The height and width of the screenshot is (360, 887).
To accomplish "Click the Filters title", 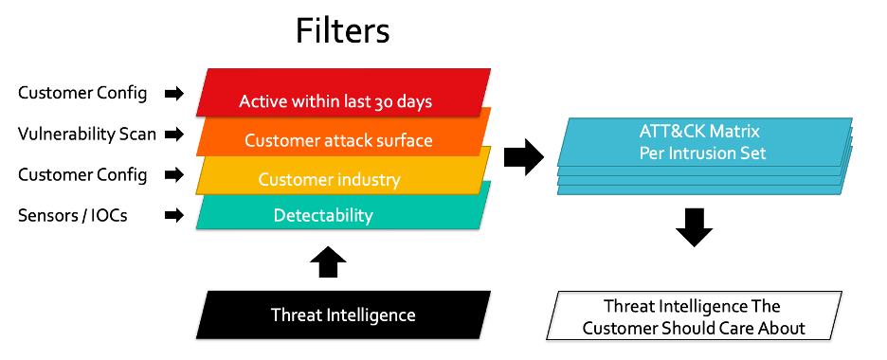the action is pyautogui.click(x=343, y=30).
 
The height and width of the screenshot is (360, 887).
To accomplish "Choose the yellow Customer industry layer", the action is pyautogui.click(x=343, y=172).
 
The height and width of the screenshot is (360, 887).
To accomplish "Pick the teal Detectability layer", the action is pyautogui.click(x=343, y=210).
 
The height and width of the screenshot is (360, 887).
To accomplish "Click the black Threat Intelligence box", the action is pyautogui.click(x=343, y=315).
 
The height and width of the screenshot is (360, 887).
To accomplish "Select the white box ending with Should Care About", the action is pyautogui.click(x=694, y=315).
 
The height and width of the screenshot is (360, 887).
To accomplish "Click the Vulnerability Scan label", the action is pyautogui.click(x=87, y=134).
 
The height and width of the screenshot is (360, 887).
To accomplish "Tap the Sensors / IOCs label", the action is pyautogui.click(x=72, y=215).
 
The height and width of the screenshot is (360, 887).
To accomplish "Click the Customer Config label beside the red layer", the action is pyautogui.click(x=82, y=93).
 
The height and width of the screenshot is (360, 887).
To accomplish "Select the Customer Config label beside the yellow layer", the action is pyautogui.click(x=82, y=174).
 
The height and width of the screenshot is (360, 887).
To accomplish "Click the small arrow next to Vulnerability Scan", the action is pyautogui.click(x=174, y=135).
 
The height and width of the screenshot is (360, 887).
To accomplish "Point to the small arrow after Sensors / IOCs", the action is pyautogui.click(x=174, y=215).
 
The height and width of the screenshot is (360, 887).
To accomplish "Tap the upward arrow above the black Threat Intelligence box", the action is pyautogui.click(x=328, y=261).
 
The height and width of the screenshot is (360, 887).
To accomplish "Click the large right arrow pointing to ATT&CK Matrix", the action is pyautogui.click(x=524, y=156).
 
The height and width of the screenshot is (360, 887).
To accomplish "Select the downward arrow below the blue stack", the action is pyautogui.click(x=694, y=227).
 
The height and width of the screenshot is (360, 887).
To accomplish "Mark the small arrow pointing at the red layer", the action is pyautogui.click(x=174, y=94).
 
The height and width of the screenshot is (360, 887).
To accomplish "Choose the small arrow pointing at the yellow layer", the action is pyautogui.click(x=174, y=174).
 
